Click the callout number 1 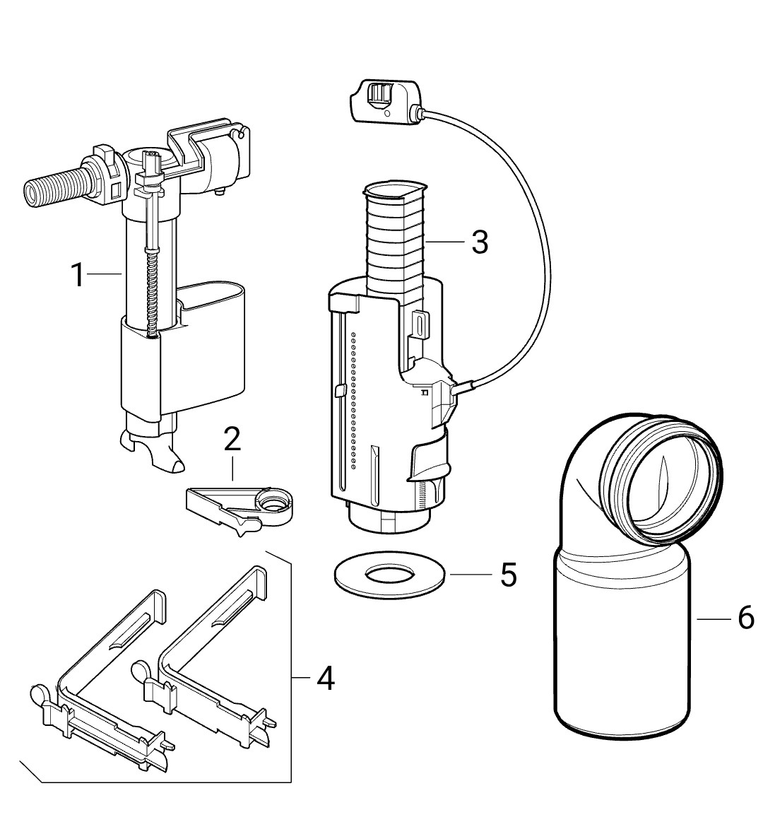(x=78, y=275)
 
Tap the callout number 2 (x=232, y=440)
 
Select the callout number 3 (x=480, y=242)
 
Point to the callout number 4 (x=326, y=679)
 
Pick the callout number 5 (x=509, y=575)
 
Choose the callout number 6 (x=745, y=618)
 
